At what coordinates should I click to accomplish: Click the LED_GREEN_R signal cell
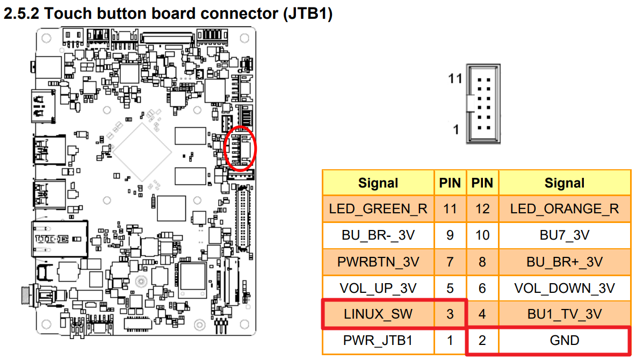(x=378, y=209)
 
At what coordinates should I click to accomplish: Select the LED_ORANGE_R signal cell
(x=564, y=209)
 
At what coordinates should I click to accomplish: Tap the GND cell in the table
(x=564, y=341)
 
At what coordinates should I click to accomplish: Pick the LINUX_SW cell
(x=378, y=314)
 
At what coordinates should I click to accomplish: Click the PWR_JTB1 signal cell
(x=378, y=341)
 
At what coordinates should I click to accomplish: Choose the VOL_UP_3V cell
(x=378, y=288)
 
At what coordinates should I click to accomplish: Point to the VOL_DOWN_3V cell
(x=564, y=288)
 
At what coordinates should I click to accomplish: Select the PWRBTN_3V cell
(x=378, y=262)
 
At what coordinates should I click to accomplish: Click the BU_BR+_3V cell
(x=564, y=262)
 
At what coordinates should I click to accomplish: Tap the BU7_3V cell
(x=564, y=235)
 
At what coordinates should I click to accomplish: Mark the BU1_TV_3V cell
(x=564, y=314)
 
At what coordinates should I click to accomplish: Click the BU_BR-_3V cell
(x=378, y=235)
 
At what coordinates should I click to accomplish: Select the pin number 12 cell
(x=482, y=209)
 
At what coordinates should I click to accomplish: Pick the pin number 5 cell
(x=450, y=288)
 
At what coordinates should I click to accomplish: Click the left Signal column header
(x=378, y=183)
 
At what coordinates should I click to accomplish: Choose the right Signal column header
(x=564, y=183)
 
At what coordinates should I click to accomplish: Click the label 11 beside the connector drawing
(x=456, y=79)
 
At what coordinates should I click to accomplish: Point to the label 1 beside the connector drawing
(x=456, y=129)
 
